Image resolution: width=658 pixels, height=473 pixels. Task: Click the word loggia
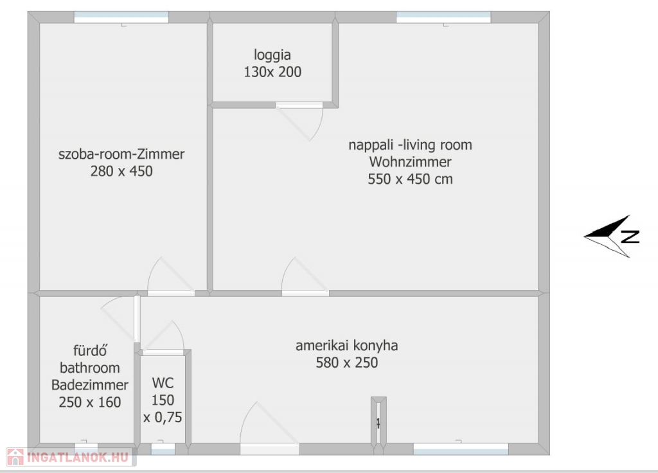(272, 55)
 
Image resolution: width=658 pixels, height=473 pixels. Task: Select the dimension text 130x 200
(272, 72)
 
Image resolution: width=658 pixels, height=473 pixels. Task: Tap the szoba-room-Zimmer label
(121, 154)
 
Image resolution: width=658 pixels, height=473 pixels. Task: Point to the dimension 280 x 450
(121, 171)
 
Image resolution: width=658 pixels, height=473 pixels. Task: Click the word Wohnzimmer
(411, 161)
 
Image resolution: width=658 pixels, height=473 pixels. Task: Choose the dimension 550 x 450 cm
(411, 179)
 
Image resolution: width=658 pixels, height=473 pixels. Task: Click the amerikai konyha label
(346, 345)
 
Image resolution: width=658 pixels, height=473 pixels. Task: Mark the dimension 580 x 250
(346, 362)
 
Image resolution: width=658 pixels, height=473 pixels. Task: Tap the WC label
(163, 383)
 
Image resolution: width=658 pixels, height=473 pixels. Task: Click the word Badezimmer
(90, 385)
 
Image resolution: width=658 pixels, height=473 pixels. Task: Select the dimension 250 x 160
(90, 402)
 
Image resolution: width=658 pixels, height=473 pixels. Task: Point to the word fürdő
(90, 350)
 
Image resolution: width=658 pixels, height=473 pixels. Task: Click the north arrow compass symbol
(612, 236)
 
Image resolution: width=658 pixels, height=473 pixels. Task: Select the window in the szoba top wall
(121, 17)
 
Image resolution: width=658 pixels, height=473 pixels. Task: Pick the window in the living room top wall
(443, 17)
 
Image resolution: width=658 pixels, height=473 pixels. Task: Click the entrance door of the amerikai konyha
(269, 449)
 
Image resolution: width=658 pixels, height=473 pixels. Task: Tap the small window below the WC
(163, 449)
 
